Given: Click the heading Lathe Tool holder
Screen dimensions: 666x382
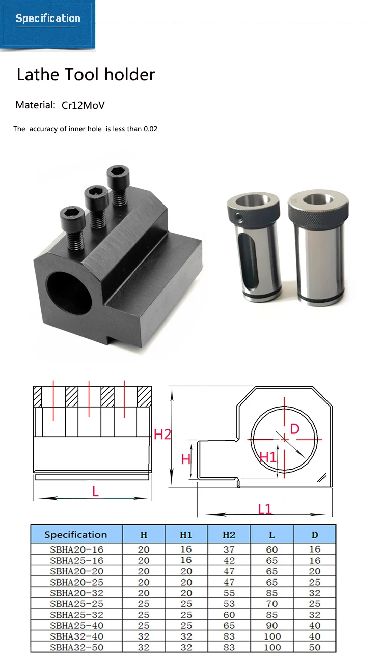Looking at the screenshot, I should click(x=86, y=75).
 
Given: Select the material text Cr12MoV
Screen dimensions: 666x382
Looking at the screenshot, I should click(x=83, y=106).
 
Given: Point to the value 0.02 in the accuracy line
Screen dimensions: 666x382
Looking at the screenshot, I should click(x=150, y=129).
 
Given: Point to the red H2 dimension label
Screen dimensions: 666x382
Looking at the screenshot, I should click(x=162, y=435).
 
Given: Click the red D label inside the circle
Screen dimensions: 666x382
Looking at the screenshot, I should click(x=294, y=429).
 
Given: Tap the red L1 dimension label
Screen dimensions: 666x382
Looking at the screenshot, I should click(x=265, y=508).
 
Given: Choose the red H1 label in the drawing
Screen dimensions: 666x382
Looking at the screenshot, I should click(x=267, y=457).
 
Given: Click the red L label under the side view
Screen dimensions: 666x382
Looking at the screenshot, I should click(x=95, y=491).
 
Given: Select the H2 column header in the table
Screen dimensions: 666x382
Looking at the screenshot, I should click(x=229, y=535).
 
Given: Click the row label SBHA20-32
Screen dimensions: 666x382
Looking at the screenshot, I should click(x=76, y=593).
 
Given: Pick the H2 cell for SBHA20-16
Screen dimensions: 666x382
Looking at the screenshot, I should click(x=229, y=549).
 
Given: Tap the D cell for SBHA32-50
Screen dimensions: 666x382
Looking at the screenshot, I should click(x=315, y=647).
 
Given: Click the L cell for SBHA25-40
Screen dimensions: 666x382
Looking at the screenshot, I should click(x=272, y=625).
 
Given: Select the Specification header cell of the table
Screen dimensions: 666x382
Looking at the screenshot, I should click(x=76, y=535).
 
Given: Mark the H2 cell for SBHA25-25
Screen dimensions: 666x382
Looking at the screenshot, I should click(x=229, y=604).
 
